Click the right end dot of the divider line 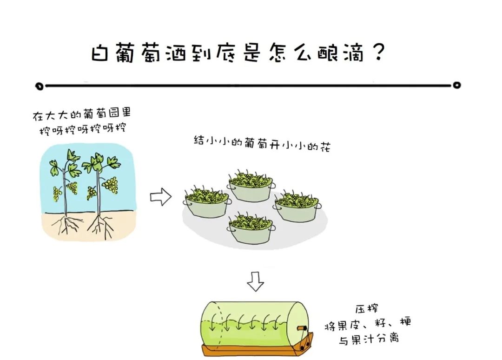pos(457,85)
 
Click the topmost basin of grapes pos(251,186)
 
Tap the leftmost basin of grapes pos(206,203)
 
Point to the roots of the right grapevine pos(99,225)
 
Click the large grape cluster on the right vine pos(111,185)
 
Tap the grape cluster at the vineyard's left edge pos(57,193)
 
